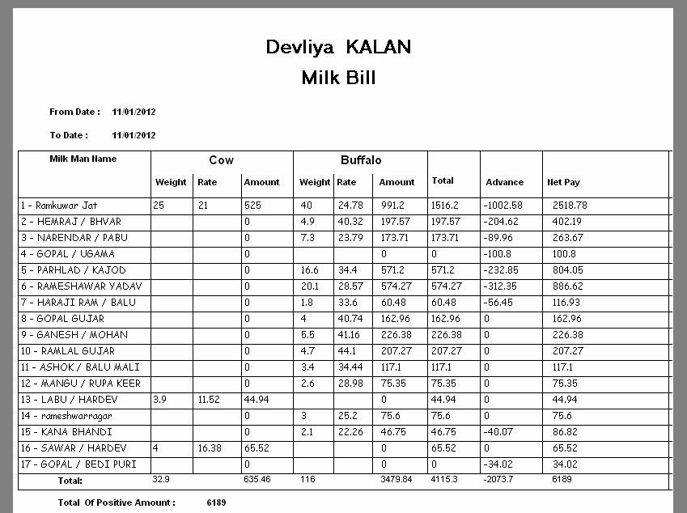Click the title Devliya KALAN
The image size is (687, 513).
pyautogui.click(x=338, y=47)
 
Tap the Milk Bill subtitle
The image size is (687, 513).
pyautogui.click(x=338, y=78)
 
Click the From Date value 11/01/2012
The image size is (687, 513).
pyautogui.click(x=134, y=112)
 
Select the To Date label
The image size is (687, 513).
pyautogui.click(x=69, y=135)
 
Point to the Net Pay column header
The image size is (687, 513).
pyautogui.click(x=564, y=182)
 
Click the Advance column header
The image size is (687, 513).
pyautogui.click(x=504, y=182)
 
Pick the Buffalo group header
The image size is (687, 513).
pyautogui.click(x=361, y=160)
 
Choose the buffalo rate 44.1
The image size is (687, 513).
pyautogui.click(x=346, y=351)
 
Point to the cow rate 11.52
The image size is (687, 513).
pyautogui.click(x=209, y=400)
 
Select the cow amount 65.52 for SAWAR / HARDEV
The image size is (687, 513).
pyautogui.click(x=257, y=448)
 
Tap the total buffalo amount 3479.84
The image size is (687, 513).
pyautogui.click(x=396, y=481)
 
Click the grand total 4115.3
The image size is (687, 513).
pyautogui.click(x=447, y=481)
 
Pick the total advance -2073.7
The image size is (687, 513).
pyautogui.click(x=501, y=481)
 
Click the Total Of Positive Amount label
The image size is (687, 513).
pyautogui.click(x=117, y=502)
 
